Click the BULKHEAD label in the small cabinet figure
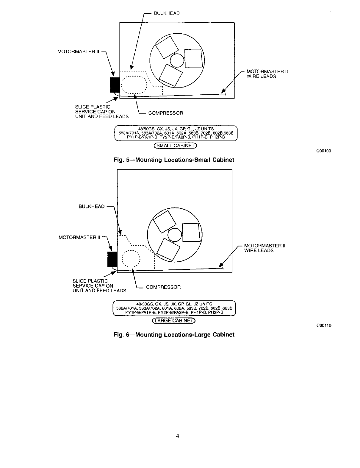tap(167, 13)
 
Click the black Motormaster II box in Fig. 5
tap(115, 85)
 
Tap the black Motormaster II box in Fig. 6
tap(112, 259)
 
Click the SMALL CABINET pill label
tap(175, 146)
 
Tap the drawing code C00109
tap(323, 151)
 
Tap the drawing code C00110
tap(323, 325)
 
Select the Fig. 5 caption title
tap(174, 160)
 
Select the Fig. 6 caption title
tap(174, 335)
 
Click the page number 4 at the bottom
tap(177, 436)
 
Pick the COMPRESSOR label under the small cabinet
tap(165, 113)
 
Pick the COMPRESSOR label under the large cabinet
tap(163, 287)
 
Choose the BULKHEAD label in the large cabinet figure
tap(91, 206)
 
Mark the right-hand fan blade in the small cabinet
tap(194, 58)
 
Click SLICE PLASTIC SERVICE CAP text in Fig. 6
tap(93, 283)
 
